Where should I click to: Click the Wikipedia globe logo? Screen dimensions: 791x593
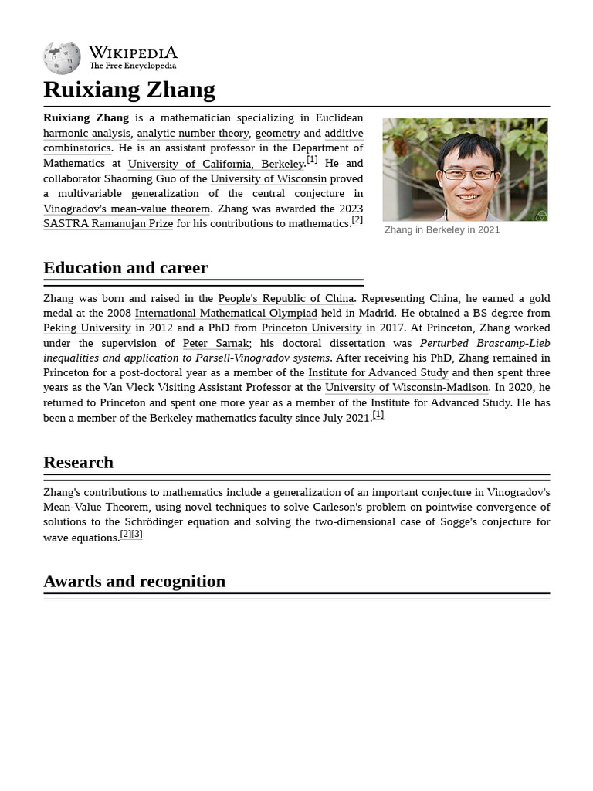pyautogui.click(x=62, y=58)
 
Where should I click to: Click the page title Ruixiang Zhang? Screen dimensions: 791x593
pyautogui.click(x=129, y=90)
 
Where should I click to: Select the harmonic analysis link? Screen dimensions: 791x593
pyautogui.click(x=86, y=133)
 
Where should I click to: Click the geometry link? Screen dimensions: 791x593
pyautogui.click(x=277, y=133)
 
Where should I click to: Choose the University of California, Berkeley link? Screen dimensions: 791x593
pyautogui.click(x=215, y=164)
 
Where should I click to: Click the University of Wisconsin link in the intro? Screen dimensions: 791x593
pyautogui.click(x=268, y=178)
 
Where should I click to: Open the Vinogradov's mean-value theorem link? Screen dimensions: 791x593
pyautogui.click(x=127, y=209)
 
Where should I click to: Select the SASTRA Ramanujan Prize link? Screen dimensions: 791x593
pyautogui.click(x=107, y=224)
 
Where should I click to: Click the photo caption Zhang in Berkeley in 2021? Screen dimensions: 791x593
pyautogui.click(x=442, y=229)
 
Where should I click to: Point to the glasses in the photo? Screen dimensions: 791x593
pyautogui.click(x=468, y=174)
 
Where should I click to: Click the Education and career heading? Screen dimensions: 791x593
pyautogui.click(x=125, y=268)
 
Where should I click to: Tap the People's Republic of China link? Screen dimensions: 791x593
pyautogui.click(x=286, y=298)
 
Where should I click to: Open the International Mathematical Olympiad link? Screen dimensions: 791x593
pyautogui.click(x=225, y=313)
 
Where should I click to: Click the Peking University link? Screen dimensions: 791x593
pyautogui.click(x=86, y=328)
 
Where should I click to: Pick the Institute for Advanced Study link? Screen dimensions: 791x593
pyautogui.click(x=378, y=373)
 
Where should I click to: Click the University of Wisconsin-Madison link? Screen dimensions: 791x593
pyautogui.click(x=406, y=388)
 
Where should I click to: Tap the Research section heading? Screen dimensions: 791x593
pyautogui.click(x=78, y=463)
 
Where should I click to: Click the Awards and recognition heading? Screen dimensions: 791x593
pyautogui.click(x=134, y=582)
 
